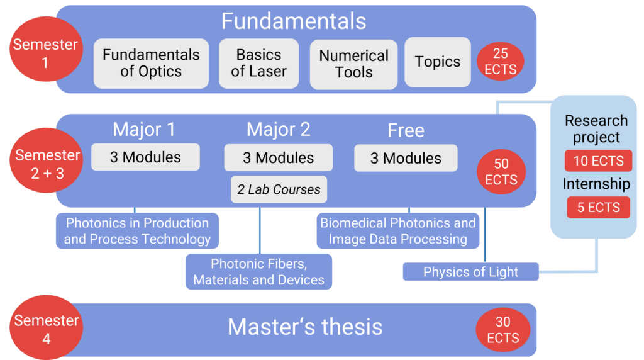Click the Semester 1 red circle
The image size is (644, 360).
click(x=46, y=49)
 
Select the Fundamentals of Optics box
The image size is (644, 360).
click(x=151, y=64)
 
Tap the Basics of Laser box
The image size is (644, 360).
click(x=258, y=64)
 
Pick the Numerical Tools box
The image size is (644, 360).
click(x=353, y=64)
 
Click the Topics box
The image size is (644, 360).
click(x=438, y=62)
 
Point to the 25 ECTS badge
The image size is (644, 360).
click(x=500, y=61)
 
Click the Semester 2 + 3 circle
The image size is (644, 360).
click(x=47, y=160)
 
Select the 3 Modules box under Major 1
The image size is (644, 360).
click(x=145, y=157)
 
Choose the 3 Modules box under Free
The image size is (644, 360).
click(x=406, y=158)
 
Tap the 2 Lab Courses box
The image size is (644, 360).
click(x=279, y=189)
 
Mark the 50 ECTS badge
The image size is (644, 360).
click(x=501, y=172)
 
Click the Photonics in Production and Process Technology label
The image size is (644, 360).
click(x=137, y=230)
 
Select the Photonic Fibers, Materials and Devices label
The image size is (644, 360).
click(x=258, y=272)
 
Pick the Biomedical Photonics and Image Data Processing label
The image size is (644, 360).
click(x=398, y=230)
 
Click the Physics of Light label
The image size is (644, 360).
click(x=470, y=272)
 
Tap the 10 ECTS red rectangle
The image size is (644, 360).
click(x=599, y=160)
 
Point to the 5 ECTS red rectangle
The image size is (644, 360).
click(x=599, y=207)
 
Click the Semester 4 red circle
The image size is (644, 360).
click(x=47, y=327)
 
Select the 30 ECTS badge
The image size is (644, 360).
click(x=503, y=330)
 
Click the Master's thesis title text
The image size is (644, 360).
click(x=305, y=327)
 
